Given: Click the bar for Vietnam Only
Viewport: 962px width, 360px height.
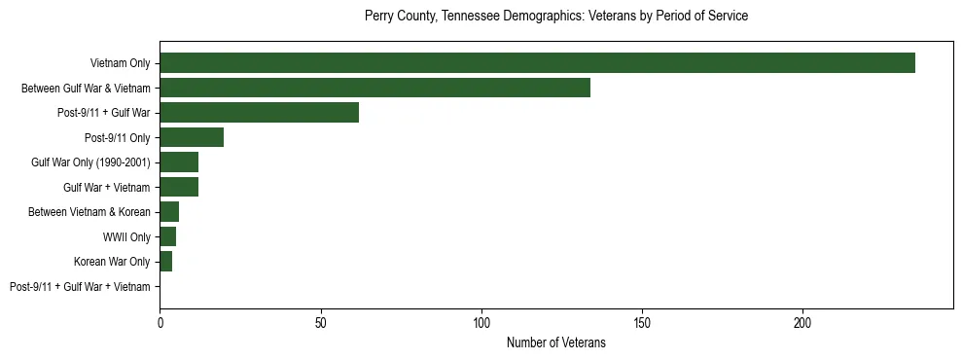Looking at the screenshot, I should click(537, 63).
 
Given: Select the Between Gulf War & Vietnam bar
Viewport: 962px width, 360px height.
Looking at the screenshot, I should click(374, 88).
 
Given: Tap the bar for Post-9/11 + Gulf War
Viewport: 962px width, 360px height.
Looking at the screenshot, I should click(259, 113).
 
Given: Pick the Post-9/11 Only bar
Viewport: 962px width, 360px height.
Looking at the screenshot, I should click(192, 137).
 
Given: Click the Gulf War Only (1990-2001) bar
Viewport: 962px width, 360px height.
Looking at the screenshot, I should click(179, 162).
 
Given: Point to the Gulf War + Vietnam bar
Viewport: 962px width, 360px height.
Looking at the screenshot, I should click(179, 187).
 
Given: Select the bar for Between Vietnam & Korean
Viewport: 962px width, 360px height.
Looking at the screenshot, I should click(169, 212).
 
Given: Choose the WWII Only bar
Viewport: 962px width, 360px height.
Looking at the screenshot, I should click(167, 236).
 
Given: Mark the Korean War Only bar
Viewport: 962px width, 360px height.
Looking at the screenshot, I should click(165, 262).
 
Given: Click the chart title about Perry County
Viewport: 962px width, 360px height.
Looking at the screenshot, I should click(555, 17).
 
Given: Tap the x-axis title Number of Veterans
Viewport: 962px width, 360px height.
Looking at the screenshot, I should click(555, 342).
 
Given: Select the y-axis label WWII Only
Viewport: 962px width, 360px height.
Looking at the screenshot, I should click(126, 236).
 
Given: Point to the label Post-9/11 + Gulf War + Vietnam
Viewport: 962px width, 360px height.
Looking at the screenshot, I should click(80, 287).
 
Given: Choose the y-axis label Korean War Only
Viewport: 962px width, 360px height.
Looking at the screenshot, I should click(112, 262).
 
